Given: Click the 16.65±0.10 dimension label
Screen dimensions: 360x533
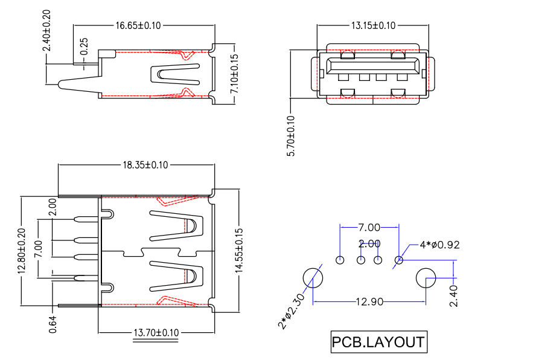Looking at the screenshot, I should (138, 26).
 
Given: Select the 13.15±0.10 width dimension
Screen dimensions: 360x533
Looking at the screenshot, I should (373, 25).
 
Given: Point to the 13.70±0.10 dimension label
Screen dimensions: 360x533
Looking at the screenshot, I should (157, 333).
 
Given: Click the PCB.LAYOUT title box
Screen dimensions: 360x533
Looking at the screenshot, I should (378, 342).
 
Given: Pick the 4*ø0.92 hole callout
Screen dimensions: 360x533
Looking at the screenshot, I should (439, 245).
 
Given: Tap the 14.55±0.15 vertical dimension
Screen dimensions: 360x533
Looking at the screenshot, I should (239, 251).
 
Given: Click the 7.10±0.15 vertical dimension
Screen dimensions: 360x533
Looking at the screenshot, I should (235, 74).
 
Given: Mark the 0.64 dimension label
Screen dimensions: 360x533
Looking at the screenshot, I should (53, 324).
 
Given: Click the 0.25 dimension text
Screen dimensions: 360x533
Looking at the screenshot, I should (85, 47).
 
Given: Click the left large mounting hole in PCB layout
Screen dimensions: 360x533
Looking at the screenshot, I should (313, 278).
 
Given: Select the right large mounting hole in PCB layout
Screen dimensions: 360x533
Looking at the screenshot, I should (426, 278).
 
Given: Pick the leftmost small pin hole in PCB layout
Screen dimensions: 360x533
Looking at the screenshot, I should (340, 260).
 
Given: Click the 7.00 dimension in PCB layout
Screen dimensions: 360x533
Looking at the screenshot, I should (369, 228).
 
